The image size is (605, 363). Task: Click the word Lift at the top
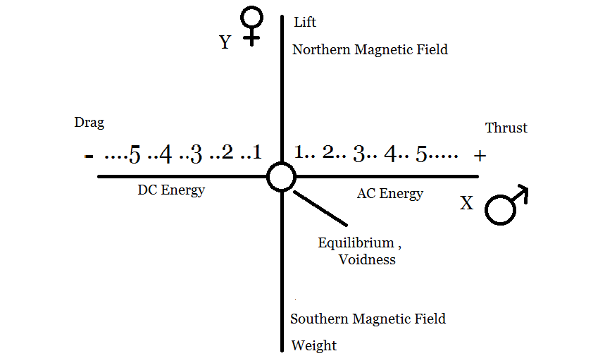pyautogui.click(x=305, y=23)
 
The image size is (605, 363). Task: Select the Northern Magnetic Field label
pyautogui.click(x=370, y=49)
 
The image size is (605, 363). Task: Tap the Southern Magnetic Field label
pyautogui.click(x=368, y=319)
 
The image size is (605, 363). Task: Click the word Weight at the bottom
pyautogui.click(x=313, y=345)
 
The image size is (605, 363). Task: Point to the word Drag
pyautogui.click(x=89, y=123)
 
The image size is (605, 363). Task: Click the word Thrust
pyautogui.click(x=506, y=128)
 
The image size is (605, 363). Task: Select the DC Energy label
pyautogui.click(x=171, y=190)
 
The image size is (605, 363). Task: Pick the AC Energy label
pyautogui.click(x=390, y=193)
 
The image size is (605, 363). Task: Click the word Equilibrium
pyautogui.click(x=356, y=242)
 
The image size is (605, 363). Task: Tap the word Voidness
pyautogui.click(x=367, y=259)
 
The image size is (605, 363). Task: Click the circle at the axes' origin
pyautogui.click(x=281, y=176)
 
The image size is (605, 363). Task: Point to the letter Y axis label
pyautogui.click(x=225, y=43)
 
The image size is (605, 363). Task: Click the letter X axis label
pyautogui.click(x=466, y=204)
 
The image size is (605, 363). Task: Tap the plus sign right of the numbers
pyautogui.click(x=480, y=156)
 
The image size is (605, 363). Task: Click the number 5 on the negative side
pyautogui.click(x=135, y=154)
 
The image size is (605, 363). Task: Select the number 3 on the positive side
pyautogui.click(x=359, y=154)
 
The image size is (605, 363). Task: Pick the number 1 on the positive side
pyautogui.click(x=299, y=152)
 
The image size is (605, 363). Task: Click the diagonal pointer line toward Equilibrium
pyautogui.click(x=320, y=208)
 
